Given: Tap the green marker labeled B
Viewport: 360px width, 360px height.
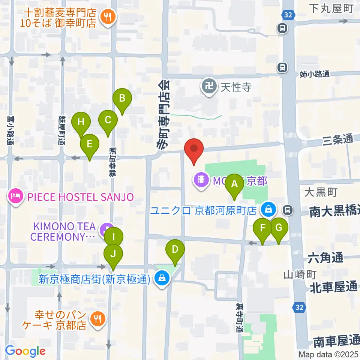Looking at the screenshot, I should pyautogui.click(x=122, y=99).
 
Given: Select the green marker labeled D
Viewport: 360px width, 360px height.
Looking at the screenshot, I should pyautogui.click(x=175, y=250).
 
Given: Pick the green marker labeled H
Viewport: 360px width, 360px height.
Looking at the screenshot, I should pyautogui.click(x=81, y=122).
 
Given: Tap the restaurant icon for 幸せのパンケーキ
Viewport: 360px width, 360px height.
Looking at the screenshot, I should pyautogui.click(x=98, y=319).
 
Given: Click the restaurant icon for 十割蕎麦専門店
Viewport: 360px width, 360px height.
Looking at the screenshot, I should pyautogui.click(x=108, y=16).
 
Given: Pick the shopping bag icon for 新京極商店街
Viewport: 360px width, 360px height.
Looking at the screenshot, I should pyautogui.click(x=162, y=279).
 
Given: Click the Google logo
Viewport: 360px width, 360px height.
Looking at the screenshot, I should pyautogui.click(x=25, y=351).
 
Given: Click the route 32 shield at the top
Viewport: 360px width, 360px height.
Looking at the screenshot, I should pyautogui.click(x=289, y=15).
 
